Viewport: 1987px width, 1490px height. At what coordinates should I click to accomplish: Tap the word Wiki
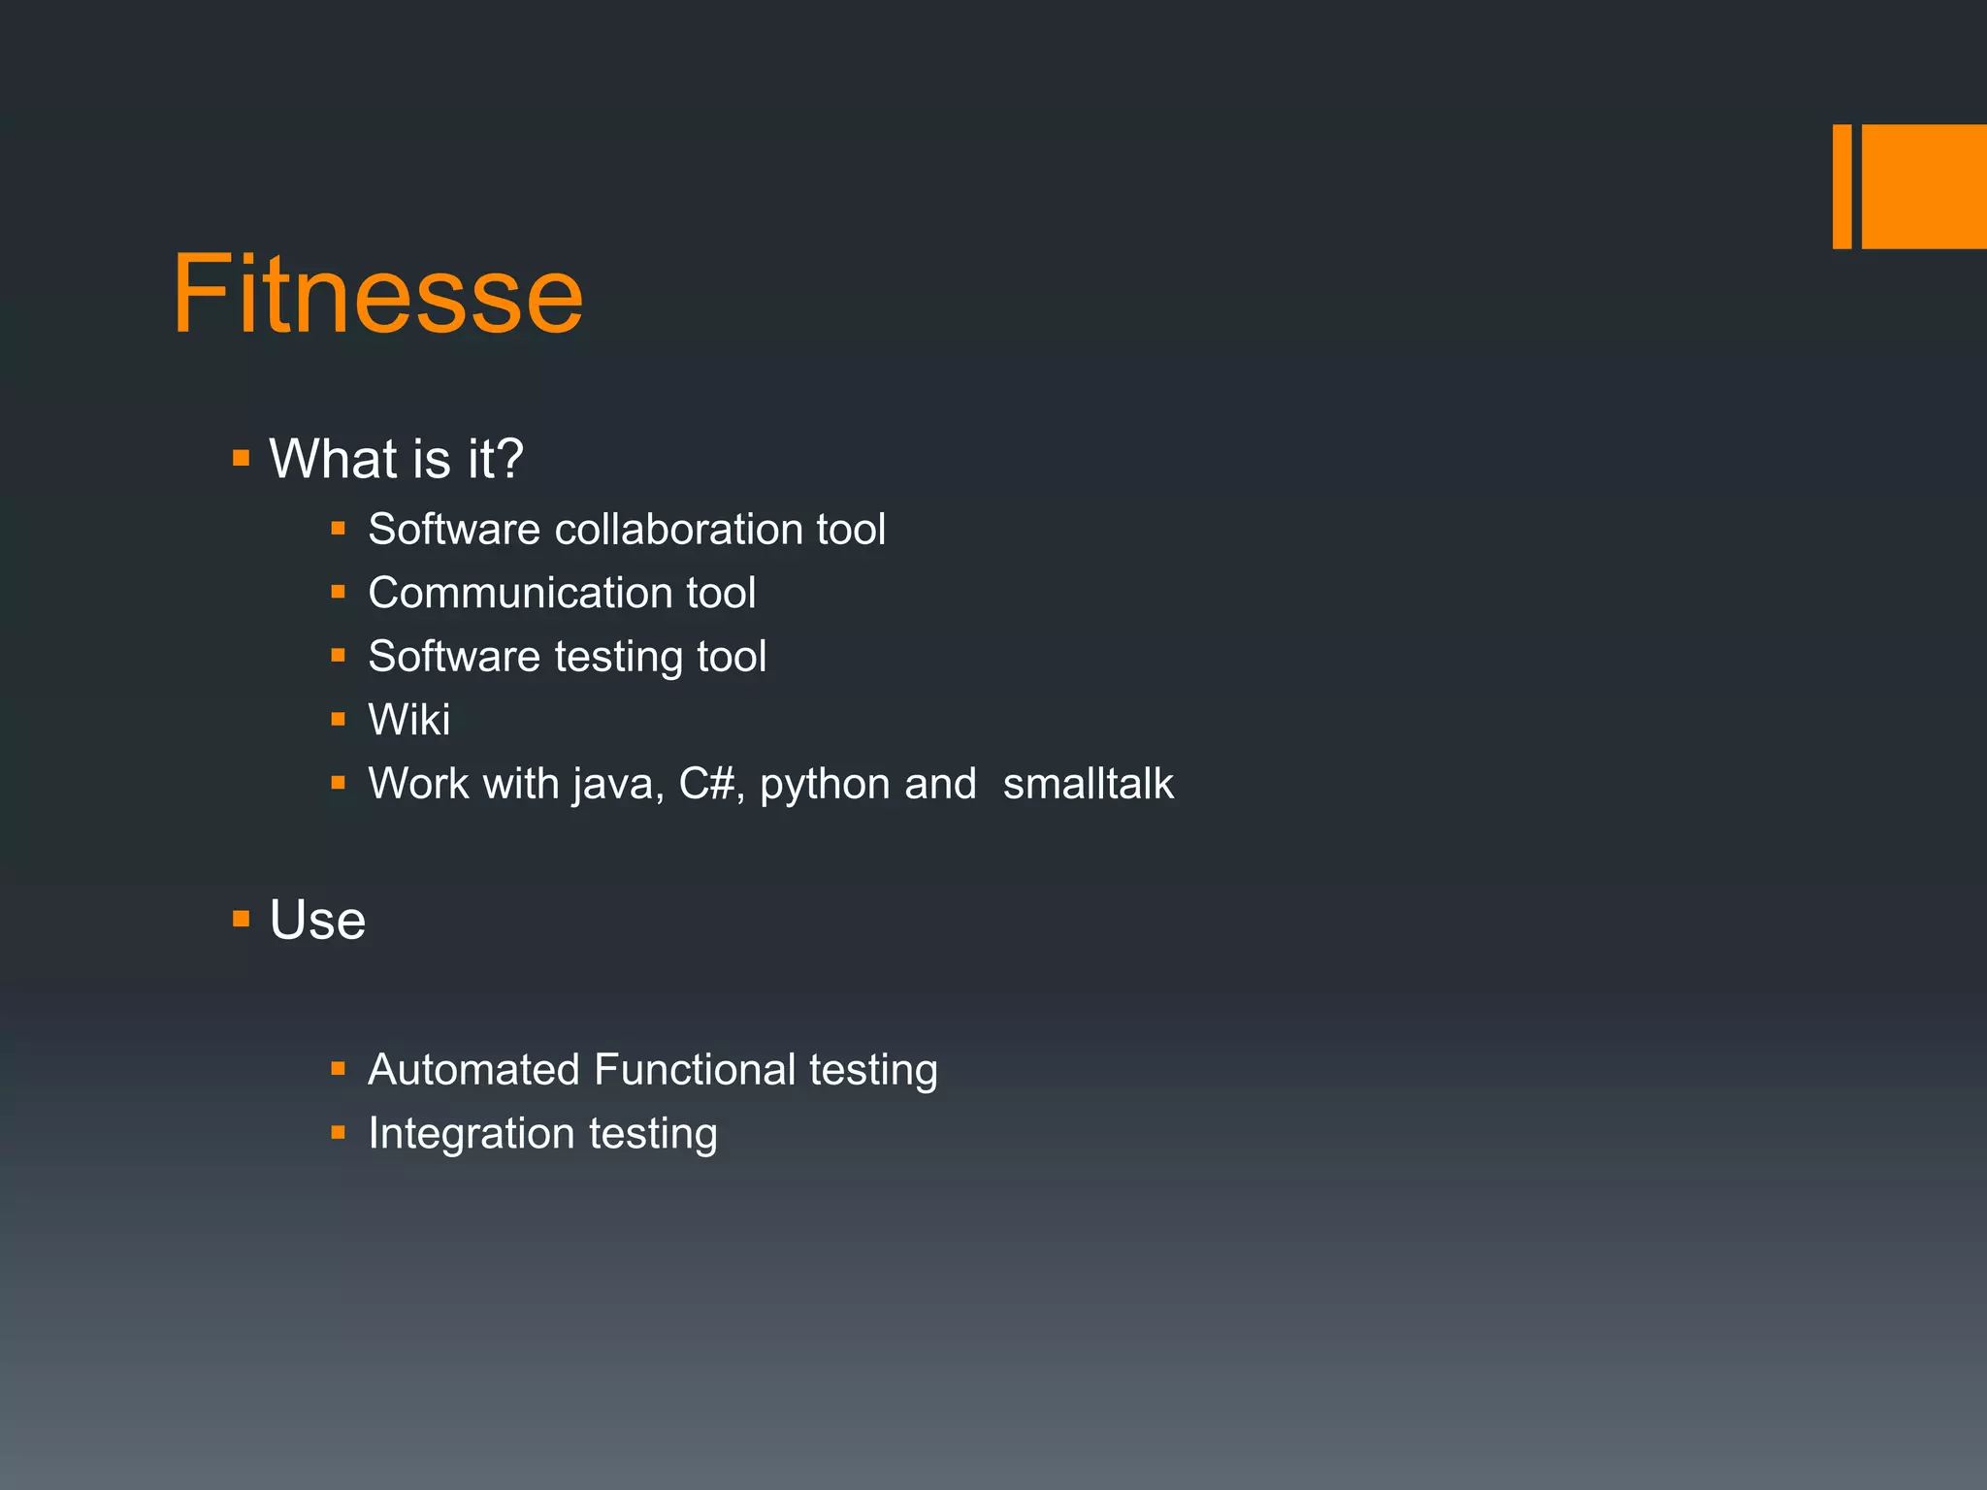click(x=409, y=720)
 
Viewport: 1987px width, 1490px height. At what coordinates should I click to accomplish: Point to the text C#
click(x=706, y=784)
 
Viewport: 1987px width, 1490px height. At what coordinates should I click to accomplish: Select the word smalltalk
click(x=1088, y=784)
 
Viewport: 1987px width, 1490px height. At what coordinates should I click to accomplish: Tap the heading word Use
click(x=317, y=920)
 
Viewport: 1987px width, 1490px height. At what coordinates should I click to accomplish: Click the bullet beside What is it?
click(x=242, y=458)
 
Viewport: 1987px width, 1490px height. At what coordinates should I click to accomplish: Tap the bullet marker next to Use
click(x=242, y=919)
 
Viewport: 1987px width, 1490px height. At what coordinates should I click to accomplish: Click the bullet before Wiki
click(x=338, y=720)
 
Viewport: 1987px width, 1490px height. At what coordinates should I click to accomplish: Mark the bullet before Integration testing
click(x=338, y=1132)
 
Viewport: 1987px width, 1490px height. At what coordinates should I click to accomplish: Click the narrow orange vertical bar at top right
click(x=1841, y=186)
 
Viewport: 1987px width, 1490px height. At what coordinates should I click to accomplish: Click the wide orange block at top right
click(x=1924, y=186)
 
